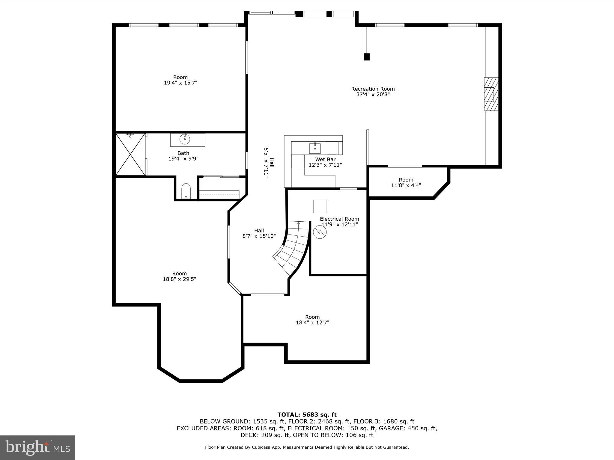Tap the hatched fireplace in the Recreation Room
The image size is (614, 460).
[x=491, y=94]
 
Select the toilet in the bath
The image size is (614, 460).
[x=186, y=191]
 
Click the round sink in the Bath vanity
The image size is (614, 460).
[x=185, y=139]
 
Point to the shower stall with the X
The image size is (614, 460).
[x=130, y=155]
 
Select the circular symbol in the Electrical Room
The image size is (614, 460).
[x=319, y=232]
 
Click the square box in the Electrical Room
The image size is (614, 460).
[x=320, y=206]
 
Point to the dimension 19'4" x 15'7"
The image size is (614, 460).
[x=180, y=83]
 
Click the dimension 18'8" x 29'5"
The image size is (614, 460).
[x=179, y=279]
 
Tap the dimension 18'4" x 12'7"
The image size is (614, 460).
[x=312, y=323]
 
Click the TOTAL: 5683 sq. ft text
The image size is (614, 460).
[x=307, y=415]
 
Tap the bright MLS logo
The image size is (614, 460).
[x=37, y=447]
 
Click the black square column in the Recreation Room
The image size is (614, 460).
[x=367, y=57]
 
